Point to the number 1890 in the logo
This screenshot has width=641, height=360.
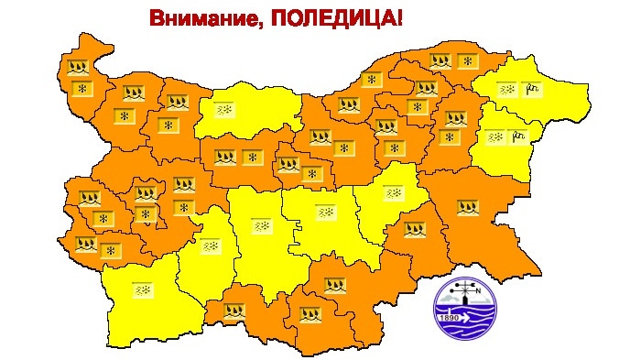click(450, 317)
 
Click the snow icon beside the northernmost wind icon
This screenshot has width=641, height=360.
click(506, 90)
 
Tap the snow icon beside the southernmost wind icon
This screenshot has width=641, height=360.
click(495, 137)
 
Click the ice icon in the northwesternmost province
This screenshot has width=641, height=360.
click(78, 66)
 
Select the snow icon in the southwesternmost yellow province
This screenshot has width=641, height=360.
click(142, 290)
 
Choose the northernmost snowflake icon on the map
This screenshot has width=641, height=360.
click(468, 61)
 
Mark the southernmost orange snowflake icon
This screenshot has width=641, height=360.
click(111, 250)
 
